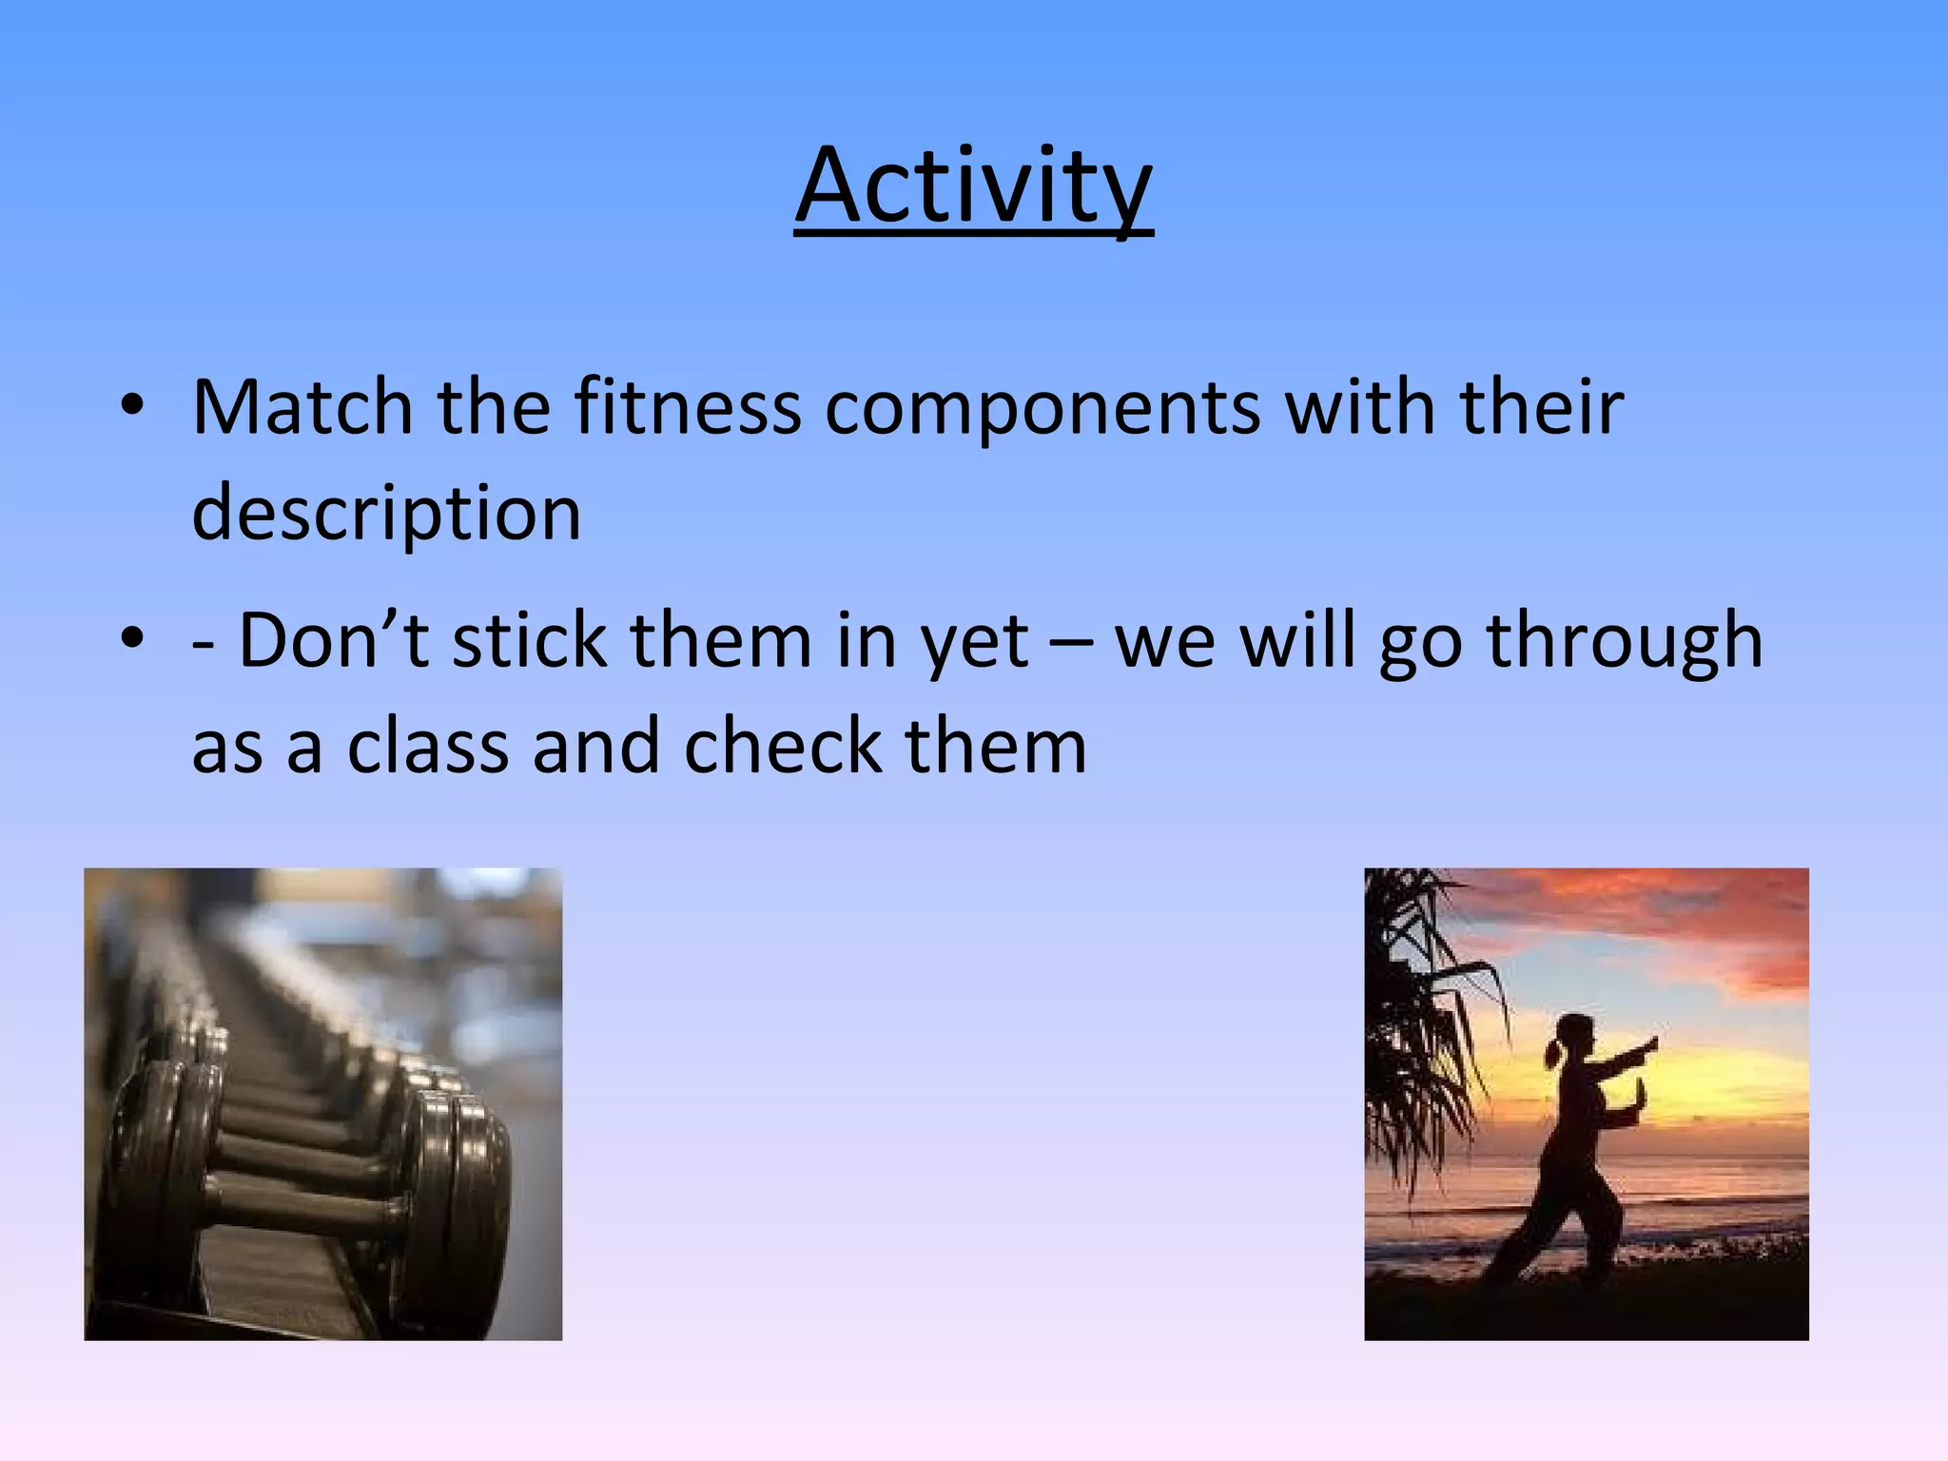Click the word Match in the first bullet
[x=302, y=407]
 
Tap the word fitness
[x=687, y=407]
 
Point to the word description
[x=386, y=514]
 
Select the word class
[x=428, y=746]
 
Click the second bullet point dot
[x=132, y=640]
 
